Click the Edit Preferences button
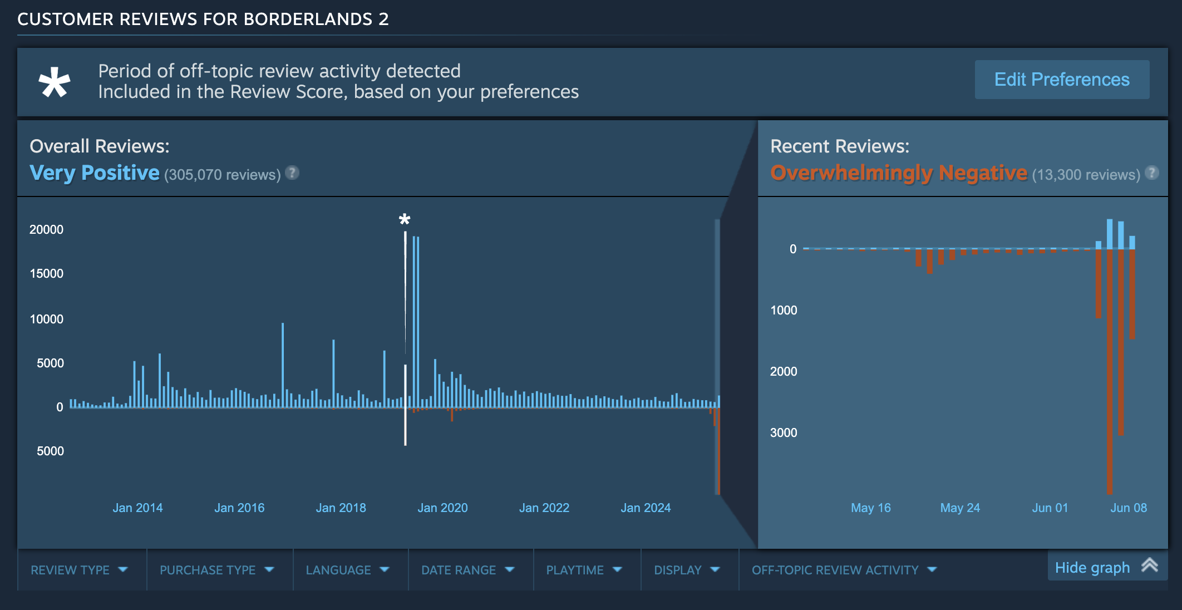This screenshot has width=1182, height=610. (1061, 80)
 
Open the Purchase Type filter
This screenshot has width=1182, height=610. (216, 570)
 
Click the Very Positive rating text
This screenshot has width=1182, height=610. (95, 173)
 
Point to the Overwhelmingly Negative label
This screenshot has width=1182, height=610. (898, 173)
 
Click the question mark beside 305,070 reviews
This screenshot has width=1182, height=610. (292, 173)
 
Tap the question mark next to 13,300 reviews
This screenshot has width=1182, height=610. (1152, 173)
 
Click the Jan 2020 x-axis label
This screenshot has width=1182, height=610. (442, 508)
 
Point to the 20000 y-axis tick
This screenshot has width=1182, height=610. (46, 229)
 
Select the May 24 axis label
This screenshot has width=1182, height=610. (960, 508)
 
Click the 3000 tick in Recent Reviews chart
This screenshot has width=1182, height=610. (784, 432)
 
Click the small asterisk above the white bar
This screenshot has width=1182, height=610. (405, 219)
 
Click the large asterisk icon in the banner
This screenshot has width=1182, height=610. (55, 82)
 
